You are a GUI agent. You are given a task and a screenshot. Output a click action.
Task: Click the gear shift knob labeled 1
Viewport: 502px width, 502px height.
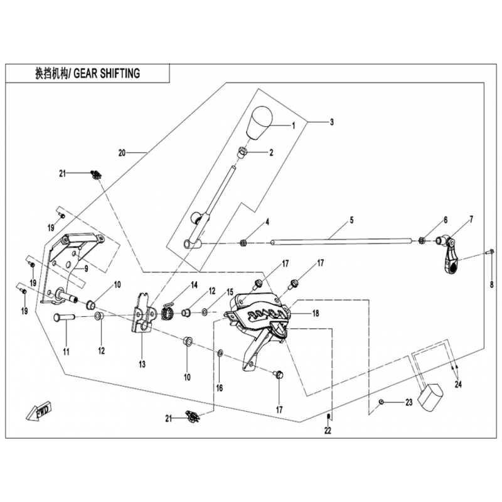coord(259,124)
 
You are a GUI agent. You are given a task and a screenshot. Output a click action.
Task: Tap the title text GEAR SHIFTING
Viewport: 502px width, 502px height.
coord(106,73)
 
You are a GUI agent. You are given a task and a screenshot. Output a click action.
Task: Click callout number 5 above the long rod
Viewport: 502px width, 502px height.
coord(352,220)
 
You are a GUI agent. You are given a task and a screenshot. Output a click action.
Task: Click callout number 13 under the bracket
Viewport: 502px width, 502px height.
coord(142,365)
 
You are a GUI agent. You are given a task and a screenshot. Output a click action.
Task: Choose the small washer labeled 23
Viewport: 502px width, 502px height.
coord(382,402)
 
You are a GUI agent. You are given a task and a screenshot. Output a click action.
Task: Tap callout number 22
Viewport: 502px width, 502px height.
coord(328,430)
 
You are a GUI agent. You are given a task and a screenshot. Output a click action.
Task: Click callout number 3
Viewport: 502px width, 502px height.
coord(332,120)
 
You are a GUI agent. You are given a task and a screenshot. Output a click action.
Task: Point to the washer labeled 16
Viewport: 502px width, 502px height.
coord(220,355)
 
